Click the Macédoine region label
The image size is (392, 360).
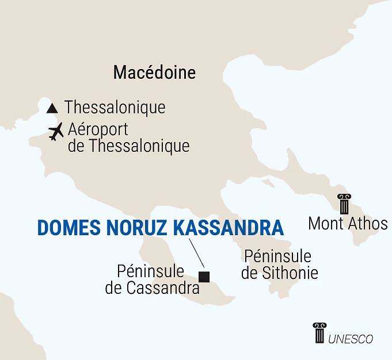[x=154, y=72]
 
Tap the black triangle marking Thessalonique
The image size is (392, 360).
[x=52, y=108]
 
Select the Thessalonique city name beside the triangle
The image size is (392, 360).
[x=115, y=108]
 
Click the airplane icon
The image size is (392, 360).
[x=56, y=132]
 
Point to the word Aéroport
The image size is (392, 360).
[x=98, y=129]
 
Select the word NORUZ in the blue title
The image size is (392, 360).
[x=136, y=228]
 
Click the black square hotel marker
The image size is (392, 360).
[x=203, y=277]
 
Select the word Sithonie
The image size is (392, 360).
[x=290, y=273]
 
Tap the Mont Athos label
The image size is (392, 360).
[x=348, y=224]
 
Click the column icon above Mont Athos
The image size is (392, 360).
[x=344, y=204]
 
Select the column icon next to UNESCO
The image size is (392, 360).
[x=319, y=332]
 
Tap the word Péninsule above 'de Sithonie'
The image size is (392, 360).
[x=277, y=256]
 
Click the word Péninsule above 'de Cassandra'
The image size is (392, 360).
[x=150, y=271]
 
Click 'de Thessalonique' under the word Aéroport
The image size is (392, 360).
[x=128, y=146]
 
